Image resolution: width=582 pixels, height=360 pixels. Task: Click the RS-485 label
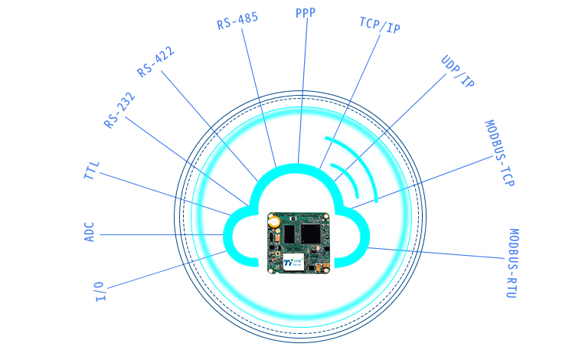237,21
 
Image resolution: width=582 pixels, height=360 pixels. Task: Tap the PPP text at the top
306,12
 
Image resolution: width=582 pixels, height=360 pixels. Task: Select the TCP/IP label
380,25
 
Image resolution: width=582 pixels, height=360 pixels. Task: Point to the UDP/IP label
457,71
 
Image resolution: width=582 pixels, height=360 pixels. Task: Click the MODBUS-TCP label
500,153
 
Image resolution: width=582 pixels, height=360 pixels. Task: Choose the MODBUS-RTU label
512,263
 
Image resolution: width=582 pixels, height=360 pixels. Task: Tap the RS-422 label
155,61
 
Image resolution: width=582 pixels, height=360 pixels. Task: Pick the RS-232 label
119,110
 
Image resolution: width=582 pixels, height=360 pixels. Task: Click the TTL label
91,170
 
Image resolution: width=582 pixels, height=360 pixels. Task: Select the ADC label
90,232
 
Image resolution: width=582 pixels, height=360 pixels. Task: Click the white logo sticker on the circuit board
293,261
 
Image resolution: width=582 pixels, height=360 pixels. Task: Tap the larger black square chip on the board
310,234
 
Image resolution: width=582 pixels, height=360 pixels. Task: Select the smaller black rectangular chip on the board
289,234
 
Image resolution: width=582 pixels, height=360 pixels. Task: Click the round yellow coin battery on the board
274,221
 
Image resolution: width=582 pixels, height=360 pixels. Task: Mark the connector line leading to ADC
162,234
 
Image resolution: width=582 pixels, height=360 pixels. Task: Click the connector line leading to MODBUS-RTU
436,253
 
